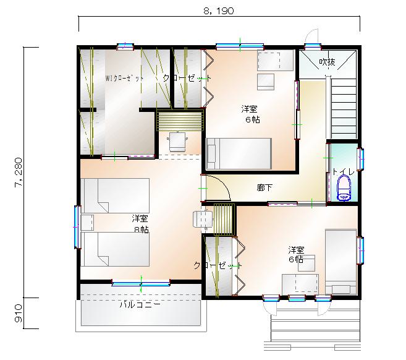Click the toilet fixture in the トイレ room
pyautogui.click(x=344, y=188)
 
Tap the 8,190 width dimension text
pyautogui.click(x=219, y=11)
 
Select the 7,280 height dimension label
pyautogui.click(x=19, y=173)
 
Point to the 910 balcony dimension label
pyautogui.click(x=19, y=314)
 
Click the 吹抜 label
pyautogui.click(x=327, y=62)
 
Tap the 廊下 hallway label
pyautogui.click(x=264, y=187)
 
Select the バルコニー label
pyautogui.click(x=140, y=304)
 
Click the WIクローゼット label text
pyautogui.click(x=124, y=78)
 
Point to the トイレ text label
pyautogui.click(x=344, y=171)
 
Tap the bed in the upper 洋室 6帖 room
pyautogui.click(x=239, y=153)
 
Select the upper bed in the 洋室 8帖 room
pyautogui.click(x=115, y=195)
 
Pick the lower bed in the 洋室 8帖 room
pyautogui.click(x=115, y=249)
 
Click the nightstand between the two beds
pyautogui.click(x=87, y=223)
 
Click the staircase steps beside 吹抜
pyautogui.click(x=344, y=109)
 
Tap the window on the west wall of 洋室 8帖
pyautogui.click(x=77, y=227)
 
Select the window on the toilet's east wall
pyautogui.click(x=360, y=159)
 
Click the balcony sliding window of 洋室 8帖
pyautogui.click(x=141, y=283)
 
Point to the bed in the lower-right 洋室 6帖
pyautogui.click(x=340, y=262)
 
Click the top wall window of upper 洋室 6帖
pyautogui.click(x=240, y=46)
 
